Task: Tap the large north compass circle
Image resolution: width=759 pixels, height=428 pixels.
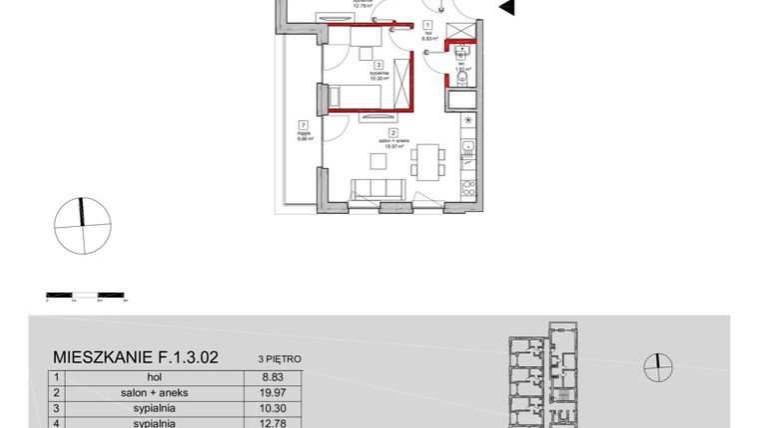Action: coord(80,227)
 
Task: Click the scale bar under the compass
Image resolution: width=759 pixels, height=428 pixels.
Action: coord(84,295)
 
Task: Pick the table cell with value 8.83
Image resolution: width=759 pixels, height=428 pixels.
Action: coord(259,378)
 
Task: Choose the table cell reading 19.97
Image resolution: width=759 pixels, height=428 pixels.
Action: coord(259,393)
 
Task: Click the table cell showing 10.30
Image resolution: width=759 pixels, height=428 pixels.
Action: coord(259,409)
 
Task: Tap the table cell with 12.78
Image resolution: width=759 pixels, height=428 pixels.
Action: coord(259,423)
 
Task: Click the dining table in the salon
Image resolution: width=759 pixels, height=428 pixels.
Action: coord(428,160)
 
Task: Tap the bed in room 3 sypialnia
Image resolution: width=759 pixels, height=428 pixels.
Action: coord(362,95)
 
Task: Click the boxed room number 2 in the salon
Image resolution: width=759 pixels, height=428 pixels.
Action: coord(393,133)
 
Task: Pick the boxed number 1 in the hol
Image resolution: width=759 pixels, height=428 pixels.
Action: coord(427,24)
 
